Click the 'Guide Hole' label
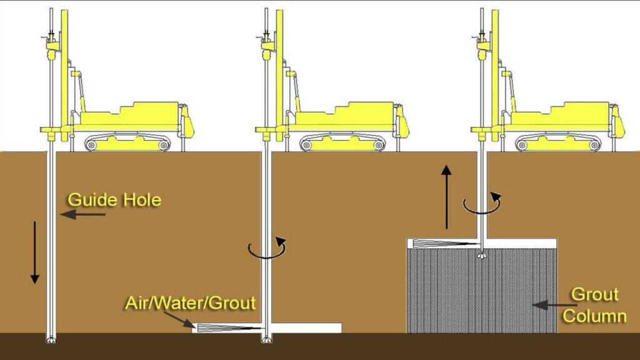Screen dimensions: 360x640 point(114,200)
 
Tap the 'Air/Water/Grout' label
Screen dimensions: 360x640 point(190,303)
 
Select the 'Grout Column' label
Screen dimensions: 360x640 point(594,305)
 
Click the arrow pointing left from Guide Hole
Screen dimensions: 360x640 point(82,214)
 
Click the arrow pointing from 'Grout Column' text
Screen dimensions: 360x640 point(548,305)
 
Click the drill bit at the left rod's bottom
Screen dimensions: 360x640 point(52,340)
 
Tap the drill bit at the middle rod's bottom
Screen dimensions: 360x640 point(266,340)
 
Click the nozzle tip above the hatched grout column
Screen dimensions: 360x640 point(481,256)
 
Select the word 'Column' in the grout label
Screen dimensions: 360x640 point(594,316)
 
